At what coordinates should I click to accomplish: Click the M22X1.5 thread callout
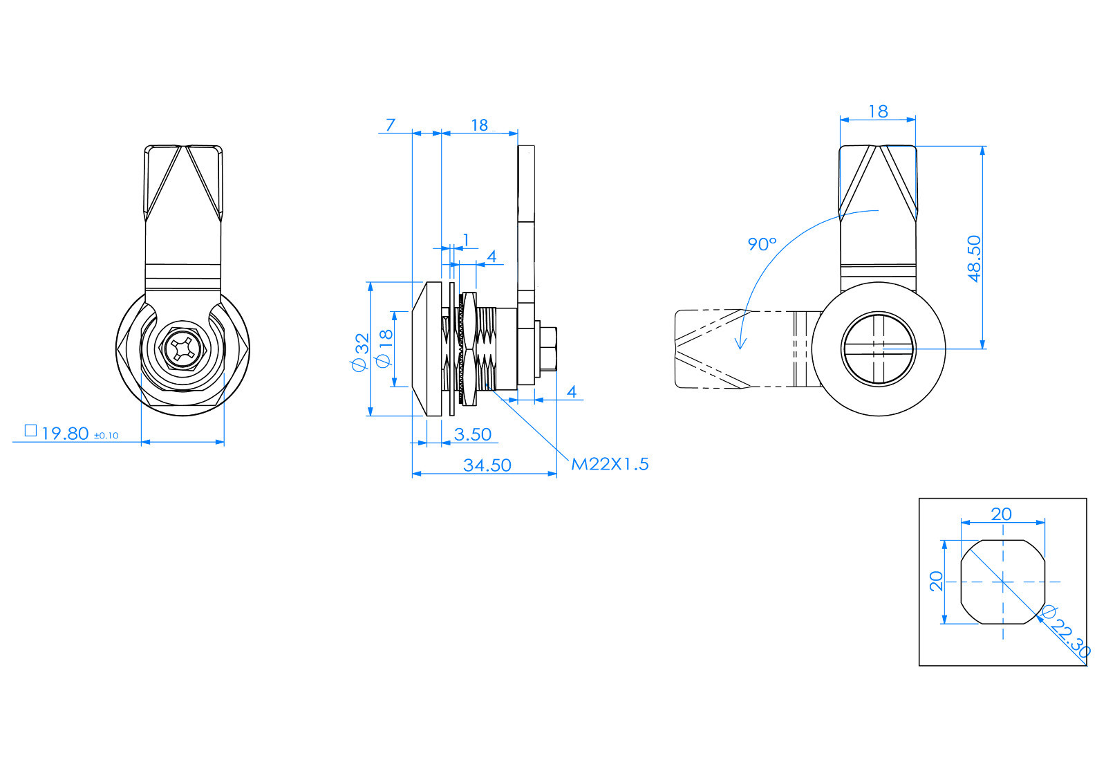pyautogui.click(x=610, y=464)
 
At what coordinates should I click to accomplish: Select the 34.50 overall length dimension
pyautogui.click(x=487, y=465)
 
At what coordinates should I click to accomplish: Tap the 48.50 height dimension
pyautogui.click(x=974, y=258)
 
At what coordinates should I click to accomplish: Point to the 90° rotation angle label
pyautogui.click(x=762, y=244)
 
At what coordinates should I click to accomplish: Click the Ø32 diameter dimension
pyautogui.click(x=362, y=353)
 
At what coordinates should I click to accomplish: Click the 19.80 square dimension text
pyautogui.click(x=65, y=434)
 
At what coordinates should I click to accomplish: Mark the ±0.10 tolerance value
pyautogui.click(x=106, y=436)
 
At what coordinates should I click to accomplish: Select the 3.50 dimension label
pyautogui.click(x=473, y=434)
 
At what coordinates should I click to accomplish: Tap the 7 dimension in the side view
pyautogui.click(x=391, y=124)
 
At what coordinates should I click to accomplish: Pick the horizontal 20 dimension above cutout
pyautogui.click(x=1001, y=514)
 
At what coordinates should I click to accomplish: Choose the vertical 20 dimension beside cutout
pyautogui.click(x=937, y=581)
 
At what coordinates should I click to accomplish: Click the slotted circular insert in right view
pyautogui.click(x=878, y=349)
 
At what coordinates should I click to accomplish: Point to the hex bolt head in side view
pyautogui.click(x=547, y=349)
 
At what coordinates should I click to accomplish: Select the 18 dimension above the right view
pyautogui.click(x=878, y=111)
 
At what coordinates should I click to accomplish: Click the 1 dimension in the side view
pyautogui.click(x=466, y=239)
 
